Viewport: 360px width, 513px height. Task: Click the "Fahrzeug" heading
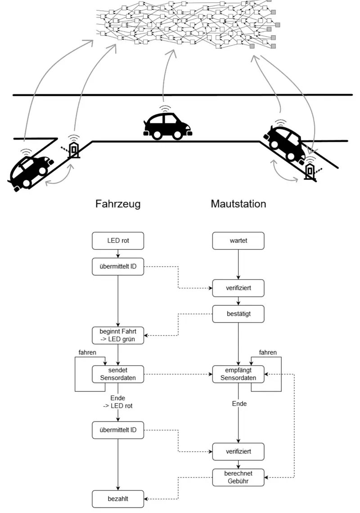pyautogui.click(x=118, y=204)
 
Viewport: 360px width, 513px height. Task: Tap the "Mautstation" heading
pyautogui.click(x=238, y=204)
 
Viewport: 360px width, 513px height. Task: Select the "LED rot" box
pyautogui.click(x=118, y=241)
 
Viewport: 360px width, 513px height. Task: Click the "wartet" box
pyautogui.click(x=238, y=241)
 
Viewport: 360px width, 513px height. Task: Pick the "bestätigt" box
pyautogui.click(x=238, y=314)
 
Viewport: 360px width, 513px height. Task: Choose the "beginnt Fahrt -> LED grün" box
pyautogui.click(x=118, y=335)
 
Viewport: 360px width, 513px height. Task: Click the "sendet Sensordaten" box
pyautogui.click(x=118, y=373)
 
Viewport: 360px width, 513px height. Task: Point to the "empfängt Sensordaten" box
pyautogui.click(x=238, y=374)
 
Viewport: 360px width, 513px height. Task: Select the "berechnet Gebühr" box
pyautogui.click(x=238, y=477)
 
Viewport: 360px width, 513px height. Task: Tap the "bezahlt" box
pyautogui.click(x=118, y=499)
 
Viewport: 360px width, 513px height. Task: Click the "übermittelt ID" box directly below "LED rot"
pyautogui.click(x=118, y=266)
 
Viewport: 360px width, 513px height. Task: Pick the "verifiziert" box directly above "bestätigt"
pyautogui.click(x=238, y=288)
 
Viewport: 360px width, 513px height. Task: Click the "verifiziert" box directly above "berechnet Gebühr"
pyautogui.click(x=238, y=451)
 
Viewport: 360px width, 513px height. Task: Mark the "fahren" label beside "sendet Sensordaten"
pyautogui.click(x=87, y=352)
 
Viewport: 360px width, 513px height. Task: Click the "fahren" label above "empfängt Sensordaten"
pyautogui.click(x=268, y=352)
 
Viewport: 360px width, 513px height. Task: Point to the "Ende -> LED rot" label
pyautogui.click(x=118, y=402)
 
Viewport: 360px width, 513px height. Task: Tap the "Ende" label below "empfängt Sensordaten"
pyautogui.click(x=239, y=404)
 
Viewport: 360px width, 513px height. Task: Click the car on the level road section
pyautogui.click(x=168, y=124)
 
